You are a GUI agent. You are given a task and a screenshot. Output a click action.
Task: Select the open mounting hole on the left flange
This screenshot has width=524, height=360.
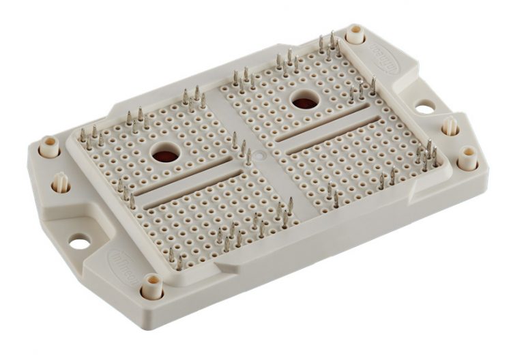coord(80,241)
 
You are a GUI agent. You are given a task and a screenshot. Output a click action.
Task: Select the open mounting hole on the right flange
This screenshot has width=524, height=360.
coord(424,107)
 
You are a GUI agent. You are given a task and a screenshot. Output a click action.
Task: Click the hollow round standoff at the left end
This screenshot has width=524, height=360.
coord(49,146)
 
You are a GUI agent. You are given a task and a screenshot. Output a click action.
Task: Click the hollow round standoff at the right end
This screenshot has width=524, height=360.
coord(467,158)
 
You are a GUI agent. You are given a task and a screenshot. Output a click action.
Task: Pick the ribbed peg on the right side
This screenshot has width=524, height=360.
coord(450,126)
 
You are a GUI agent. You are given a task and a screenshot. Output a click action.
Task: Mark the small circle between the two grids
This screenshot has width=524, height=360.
coord(257,155)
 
